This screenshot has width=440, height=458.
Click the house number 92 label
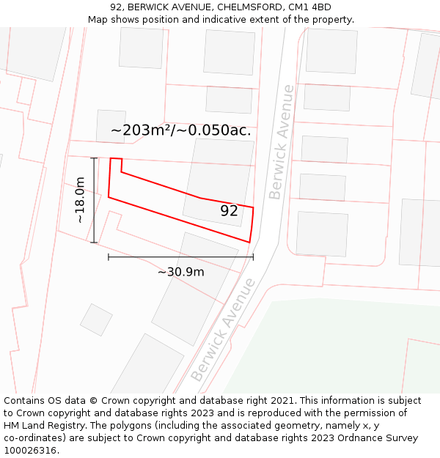pos(229,211)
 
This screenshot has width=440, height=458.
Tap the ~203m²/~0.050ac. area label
pos(180,130)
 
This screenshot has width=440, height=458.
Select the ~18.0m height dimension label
pos(80,199)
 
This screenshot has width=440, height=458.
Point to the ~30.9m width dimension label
pos(180,272)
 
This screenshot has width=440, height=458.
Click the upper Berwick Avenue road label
pos(282,142)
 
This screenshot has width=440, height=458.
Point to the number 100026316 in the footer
pos(29,451)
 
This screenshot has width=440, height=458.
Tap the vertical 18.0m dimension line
pos(94,199)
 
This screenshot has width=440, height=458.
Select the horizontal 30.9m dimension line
pos(180,256)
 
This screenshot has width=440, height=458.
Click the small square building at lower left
pos(96,320)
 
